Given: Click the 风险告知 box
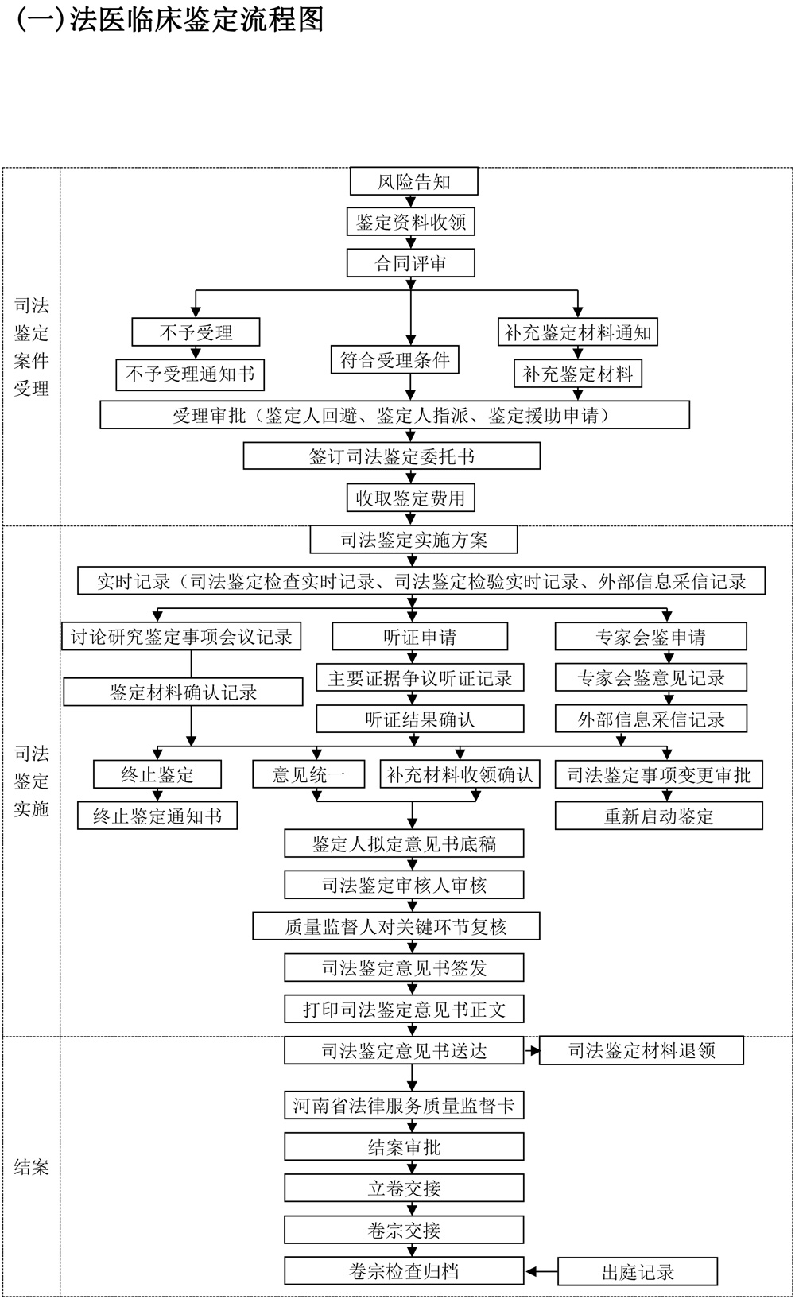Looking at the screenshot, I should pyautogui.click(x=413, y=181).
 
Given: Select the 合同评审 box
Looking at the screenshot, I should pyautogui.click(x=410, y=263).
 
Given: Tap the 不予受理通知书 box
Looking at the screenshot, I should pyautogui.click(x=190, y=374).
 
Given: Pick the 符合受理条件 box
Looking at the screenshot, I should pyautogui.click(x=395, y=360).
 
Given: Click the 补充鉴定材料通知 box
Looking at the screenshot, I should pyautogui.click(x=578, y=332).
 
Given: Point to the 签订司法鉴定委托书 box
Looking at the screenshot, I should pyautogui.click(x=391, y=456).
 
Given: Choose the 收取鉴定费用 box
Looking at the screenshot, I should pyautogui.click(x=410, y=498).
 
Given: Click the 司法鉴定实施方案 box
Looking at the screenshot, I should pyautogui.click(x=413, y=540).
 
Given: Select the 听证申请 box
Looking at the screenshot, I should pyautogui.click(x=420, y=637).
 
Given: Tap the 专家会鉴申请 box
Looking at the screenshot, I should pyautogui.click(x=650, y=637).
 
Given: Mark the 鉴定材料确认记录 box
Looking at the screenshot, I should pyautogui.click(x=183, y=692).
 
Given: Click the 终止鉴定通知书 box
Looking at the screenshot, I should pyautogui.click(x=157, y=816).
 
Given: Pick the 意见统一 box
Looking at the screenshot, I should pyautogui.click(x=308, y=774).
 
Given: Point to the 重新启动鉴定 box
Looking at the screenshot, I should pyautogui.click(x=658, y=816).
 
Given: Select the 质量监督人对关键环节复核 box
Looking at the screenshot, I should pyautogui.click(x=396, y=926).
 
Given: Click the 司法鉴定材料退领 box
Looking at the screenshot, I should pyautogui.click(x=642, y=1051).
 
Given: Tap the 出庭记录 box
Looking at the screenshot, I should pyautogui.click(x=638, y=1272).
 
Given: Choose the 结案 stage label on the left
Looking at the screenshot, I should pyautogui.click(x=31, y=1167).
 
